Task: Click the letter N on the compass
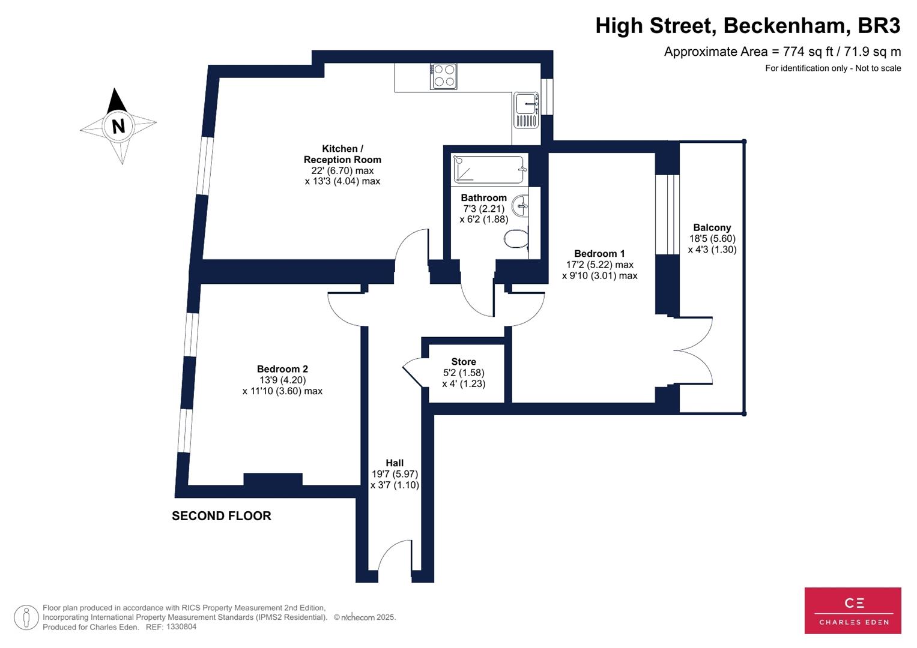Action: pyautogui.click(x=118, y=127)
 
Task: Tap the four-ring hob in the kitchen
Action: pyautogui.click(x=443, y=76)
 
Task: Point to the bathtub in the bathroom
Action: pyautogui.click(x=490, y=169)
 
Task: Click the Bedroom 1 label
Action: pyautogui.click(x=599, y=253)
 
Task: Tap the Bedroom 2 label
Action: pyautogui.click(x=282, y=369)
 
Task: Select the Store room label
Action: pyautogui.click(x=464, y=362)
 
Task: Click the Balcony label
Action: pyautogui.click(x=712, y=227)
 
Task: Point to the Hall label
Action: pyautogui.click(x=395, y=463)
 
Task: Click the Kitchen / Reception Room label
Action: pyautogui.click(x=342, y=154)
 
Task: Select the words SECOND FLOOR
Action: pyautogui.click(x=222, y=516)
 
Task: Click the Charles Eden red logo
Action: pyautogui.click(x=853, y=610)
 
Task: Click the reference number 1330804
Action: pyautogui.click(x=181, y=627)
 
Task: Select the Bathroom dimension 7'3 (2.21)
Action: pyautogui.click(x=484, y=209)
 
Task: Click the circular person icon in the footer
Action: pyautogui.click(x=26, y=617)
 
